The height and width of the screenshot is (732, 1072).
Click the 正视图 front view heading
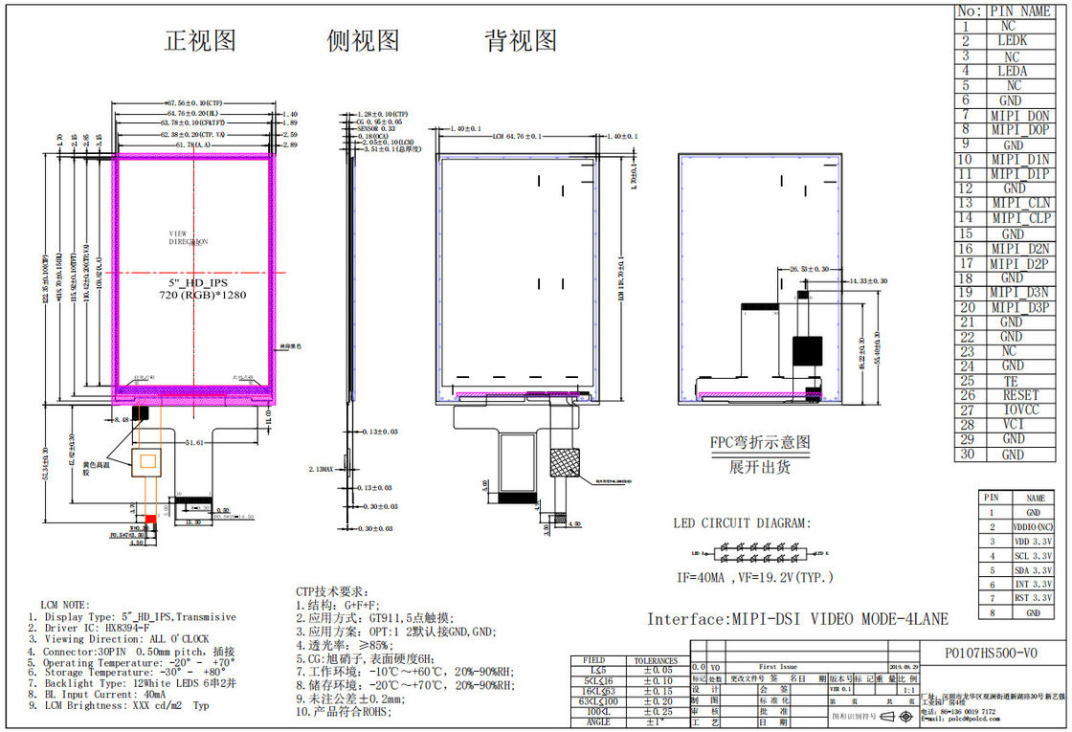click(200, 41)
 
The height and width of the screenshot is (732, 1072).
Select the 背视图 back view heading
click(521, 41)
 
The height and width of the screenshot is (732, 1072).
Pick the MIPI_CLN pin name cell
click(1020, 204)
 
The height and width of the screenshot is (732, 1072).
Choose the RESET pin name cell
click(1020, 394)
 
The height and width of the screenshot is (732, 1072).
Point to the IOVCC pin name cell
click(1020, 410)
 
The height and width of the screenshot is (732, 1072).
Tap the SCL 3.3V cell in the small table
click(1034, 555)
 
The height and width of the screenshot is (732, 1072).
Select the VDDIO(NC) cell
click(1034, 527)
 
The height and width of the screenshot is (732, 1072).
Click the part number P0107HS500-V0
click(989, 652)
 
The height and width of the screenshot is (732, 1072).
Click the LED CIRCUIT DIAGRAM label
click(742, 523)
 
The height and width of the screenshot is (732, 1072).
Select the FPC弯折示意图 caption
click(759, 443)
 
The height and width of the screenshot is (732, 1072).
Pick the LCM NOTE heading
click(65, 605)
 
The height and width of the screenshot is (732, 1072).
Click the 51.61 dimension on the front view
click(196, 443)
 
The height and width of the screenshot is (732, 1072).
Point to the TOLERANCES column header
click(655, 660)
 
